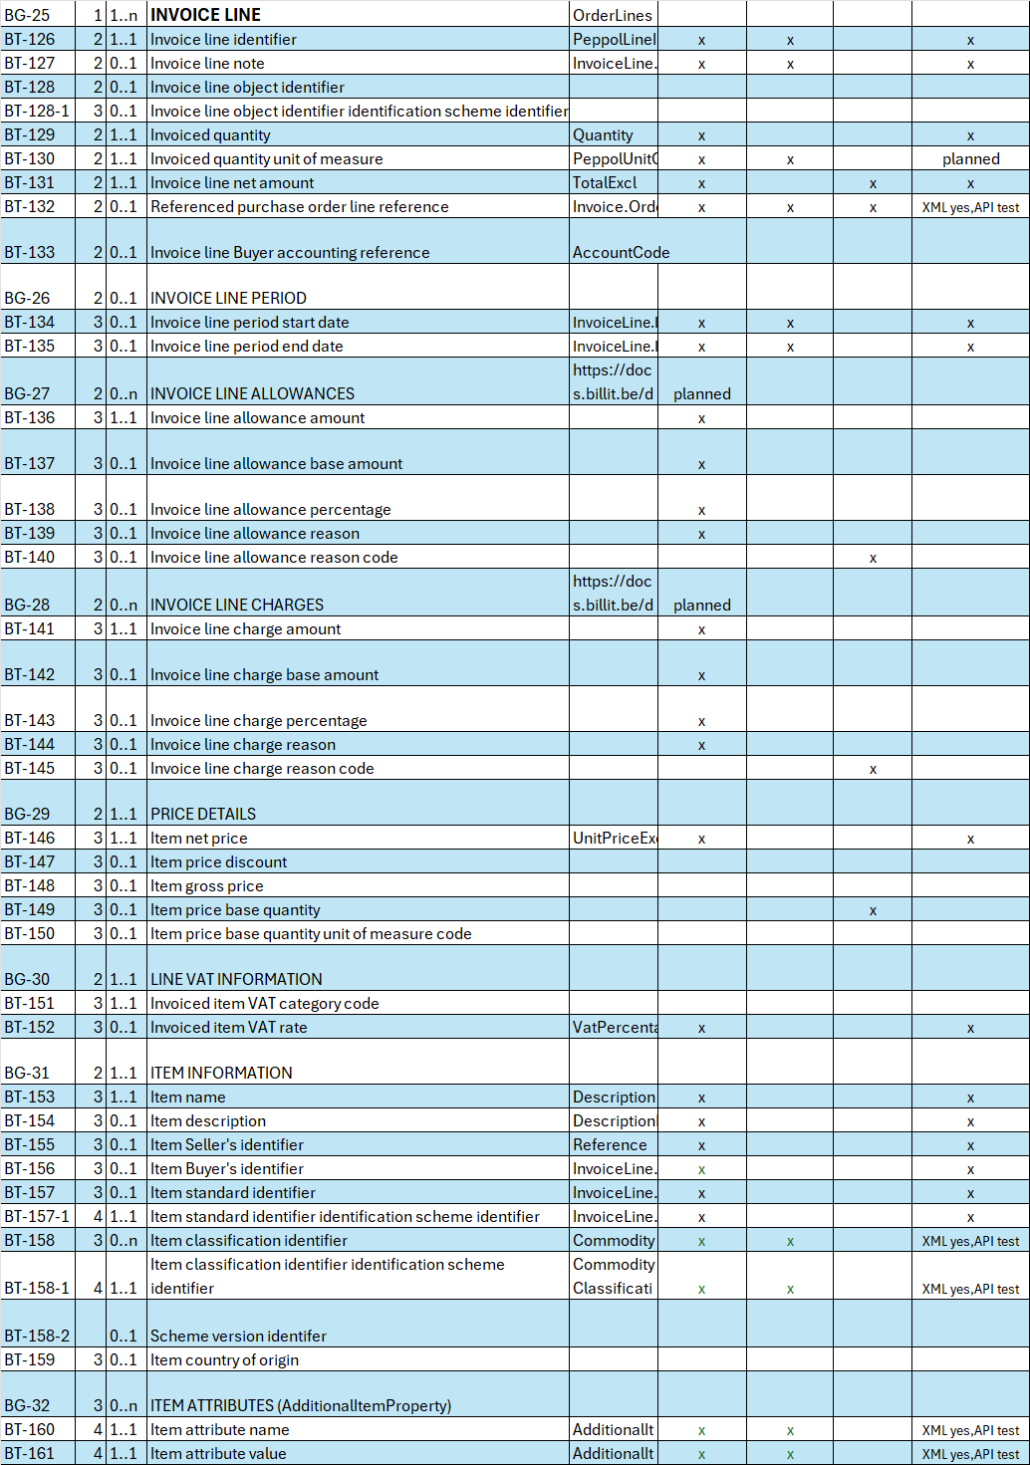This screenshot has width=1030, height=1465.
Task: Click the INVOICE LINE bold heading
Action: [205, 15]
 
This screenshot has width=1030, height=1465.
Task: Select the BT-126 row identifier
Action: [30, 40]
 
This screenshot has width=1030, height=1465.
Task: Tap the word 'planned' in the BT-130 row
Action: [970, 159]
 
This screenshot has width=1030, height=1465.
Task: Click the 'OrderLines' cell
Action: [612, 16]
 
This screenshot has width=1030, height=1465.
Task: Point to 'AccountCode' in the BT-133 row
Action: [621, 253]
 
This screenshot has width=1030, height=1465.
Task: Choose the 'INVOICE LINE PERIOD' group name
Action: [228, 299]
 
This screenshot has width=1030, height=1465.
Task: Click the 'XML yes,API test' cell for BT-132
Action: [970, 208]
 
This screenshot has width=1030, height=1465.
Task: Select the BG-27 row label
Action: [27, 394]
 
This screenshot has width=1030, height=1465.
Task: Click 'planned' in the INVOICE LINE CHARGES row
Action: [701, 606]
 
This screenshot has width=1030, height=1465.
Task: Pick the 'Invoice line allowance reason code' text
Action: [274, 558]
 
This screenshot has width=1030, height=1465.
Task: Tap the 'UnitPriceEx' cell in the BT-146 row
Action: [615, 839]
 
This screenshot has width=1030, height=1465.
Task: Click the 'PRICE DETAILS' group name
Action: [203, 815]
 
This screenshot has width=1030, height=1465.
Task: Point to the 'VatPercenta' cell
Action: [615, 1028]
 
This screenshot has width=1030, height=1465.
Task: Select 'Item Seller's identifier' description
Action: [227, 1145]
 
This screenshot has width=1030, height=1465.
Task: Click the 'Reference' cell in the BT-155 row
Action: [610, 1145]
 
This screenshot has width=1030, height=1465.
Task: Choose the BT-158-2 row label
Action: [37, 1337]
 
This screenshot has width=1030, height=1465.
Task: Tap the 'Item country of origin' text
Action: [224, 1360]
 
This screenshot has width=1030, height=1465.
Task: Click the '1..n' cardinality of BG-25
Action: [124, 16]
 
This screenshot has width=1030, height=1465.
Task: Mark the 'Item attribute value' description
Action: [218, 1454]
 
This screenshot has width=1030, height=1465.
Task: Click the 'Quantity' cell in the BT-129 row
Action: [603, 135]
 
